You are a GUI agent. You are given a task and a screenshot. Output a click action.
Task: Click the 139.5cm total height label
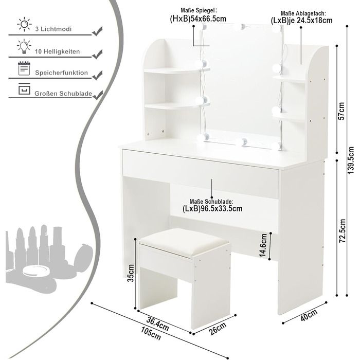click(x=351, y=160)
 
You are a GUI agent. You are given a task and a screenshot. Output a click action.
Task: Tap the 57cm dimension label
click(x=341, y=111)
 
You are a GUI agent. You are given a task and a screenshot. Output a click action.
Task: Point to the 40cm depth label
click(x=309, y=315)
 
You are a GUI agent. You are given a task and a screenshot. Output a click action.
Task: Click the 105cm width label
click(x=151, y=333)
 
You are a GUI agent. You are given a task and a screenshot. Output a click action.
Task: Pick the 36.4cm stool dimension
click(x=157, y=323)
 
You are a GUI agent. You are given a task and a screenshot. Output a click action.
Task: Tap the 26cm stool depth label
click(x=218, y=328)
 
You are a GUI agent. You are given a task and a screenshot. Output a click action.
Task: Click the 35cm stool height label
click(x=131, y=273)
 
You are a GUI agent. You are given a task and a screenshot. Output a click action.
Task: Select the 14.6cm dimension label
click(x=263, y=245)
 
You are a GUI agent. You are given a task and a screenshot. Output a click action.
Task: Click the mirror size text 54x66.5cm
click(x=208, y=19)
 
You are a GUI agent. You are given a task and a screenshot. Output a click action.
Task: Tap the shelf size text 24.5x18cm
click(x=315, y=21)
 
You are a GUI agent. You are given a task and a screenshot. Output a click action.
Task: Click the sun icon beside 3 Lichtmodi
click(x=24, y=24)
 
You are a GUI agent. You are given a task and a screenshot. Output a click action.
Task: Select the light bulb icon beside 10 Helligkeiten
click(x=24, y=46)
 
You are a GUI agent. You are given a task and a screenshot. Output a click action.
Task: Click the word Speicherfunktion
click(x=61, y=73)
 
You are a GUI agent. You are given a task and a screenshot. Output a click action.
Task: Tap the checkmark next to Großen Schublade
click(x=97, y=95)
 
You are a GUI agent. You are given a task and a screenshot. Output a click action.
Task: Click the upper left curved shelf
click(x=177, y=70)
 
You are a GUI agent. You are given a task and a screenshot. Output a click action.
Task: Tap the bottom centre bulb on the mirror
click(x=243, y=141)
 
